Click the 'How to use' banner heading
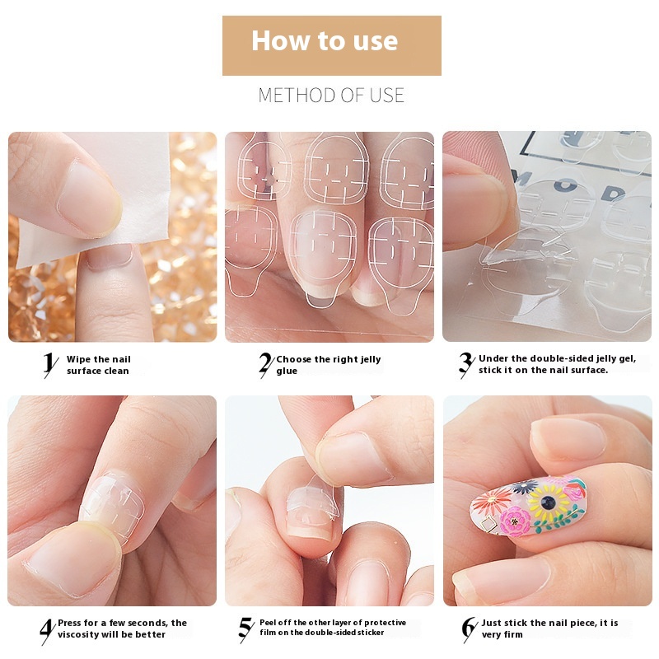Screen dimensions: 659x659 [x=325, y=40]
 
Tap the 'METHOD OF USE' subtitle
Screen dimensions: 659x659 [x=331, y=96]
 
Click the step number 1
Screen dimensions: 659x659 [x=50, y=364]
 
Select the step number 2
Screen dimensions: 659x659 [x=266, y=364]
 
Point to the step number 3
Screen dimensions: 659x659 [x=466, y=364]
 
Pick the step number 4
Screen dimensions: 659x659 [x=48, y=631]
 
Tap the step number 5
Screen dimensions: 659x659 [x=246, y=629]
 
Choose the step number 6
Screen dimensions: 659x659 [x=469, y=629]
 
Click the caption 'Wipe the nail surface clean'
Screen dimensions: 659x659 [x=98, y=365]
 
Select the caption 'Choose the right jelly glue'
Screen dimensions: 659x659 [x=328, y=365]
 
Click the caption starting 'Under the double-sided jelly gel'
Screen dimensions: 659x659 [x=558, y=364]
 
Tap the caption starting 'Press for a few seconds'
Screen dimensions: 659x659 [x=122, y=629]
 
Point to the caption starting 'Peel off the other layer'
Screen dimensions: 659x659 [x=333, y=628]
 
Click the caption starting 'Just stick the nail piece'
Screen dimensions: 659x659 [x=549, y=629]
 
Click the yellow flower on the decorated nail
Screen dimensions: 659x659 [x=548, y=502]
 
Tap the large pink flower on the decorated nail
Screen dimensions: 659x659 [x=516, y=521]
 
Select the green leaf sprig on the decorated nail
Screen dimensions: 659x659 [x=560, y=520]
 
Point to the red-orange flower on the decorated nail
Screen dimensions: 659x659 [x=491, y=501]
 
